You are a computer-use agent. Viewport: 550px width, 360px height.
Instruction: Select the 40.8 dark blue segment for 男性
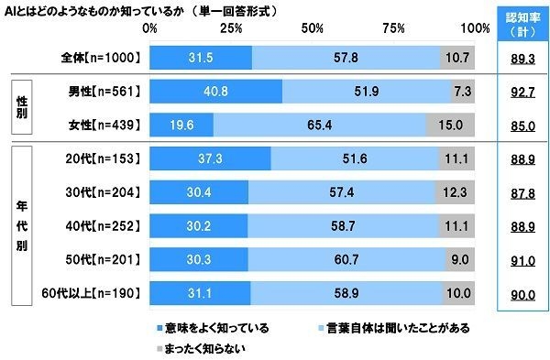click(x=214, y=92)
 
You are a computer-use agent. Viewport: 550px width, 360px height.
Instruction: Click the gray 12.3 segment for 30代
click(x=455, y=191)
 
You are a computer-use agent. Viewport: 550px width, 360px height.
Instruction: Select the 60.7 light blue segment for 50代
click(x=346, y=259)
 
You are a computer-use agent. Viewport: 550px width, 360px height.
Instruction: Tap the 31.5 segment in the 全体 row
click(x=199, y=58)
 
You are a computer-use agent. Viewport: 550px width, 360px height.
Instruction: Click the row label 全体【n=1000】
click(x=97, y=58)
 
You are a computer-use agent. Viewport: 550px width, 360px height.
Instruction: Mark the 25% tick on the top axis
click(x=230, y=28)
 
